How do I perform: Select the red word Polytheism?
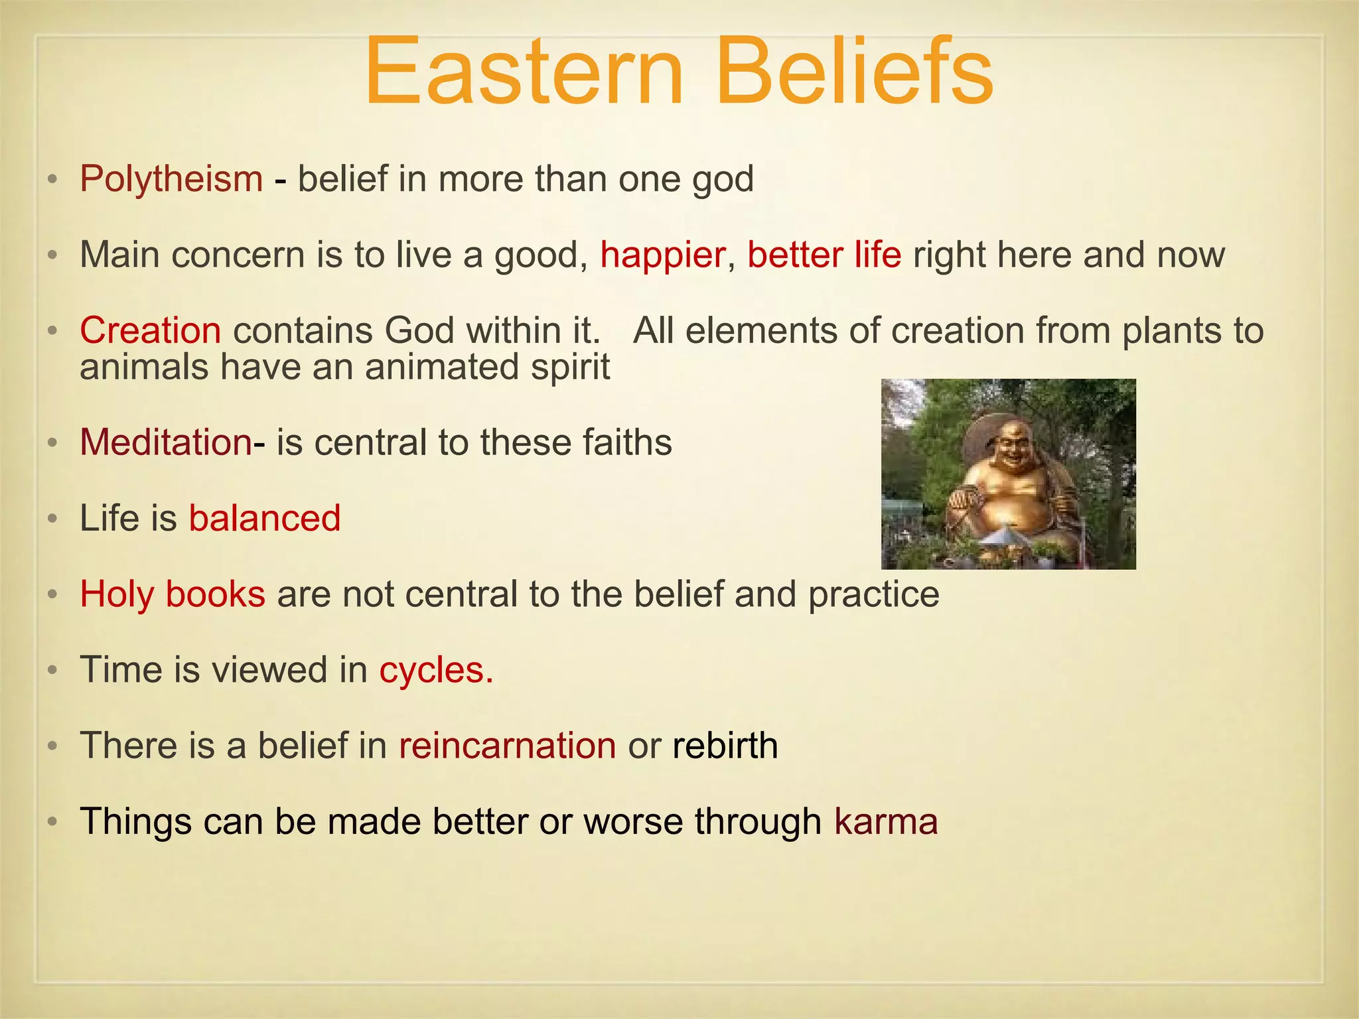coord(171,179)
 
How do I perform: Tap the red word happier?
coord(662,255)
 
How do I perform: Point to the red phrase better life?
coord(824,255)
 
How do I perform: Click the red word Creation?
coord(151,330)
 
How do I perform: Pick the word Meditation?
coord(165,442)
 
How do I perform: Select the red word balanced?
coord(265,518)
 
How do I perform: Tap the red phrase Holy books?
coord(173,594)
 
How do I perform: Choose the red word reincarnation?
coord(508,746)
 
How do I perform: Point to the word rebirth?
coord(725,746)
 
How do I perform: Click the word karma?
coord(886,821)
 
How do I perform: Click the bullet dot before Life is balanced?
coord(53,519)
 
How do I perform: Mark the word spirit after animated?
coord(570,367)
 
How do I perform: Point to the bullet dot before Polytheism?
coord(53,180)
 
